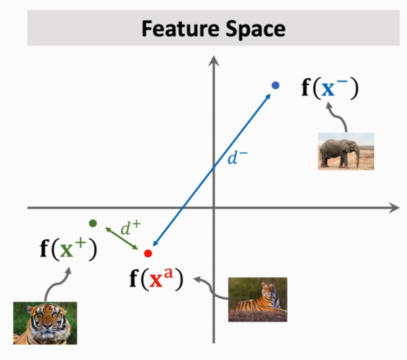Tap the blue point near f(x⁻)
(x=275, y=85)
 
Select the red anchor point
(x=148, y=253)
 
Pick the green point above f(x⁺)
(x=93, y=223)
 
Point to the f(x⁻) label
(x=329, y=89)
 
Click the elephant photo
(x=346, y=151)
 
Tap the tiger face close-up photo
(x=45, y=323)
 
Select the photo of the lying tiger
(x=257, y=299)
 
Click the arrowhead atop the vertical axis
(x=214, y=59)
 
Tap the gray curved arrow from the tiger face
(x=56, y=284)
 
